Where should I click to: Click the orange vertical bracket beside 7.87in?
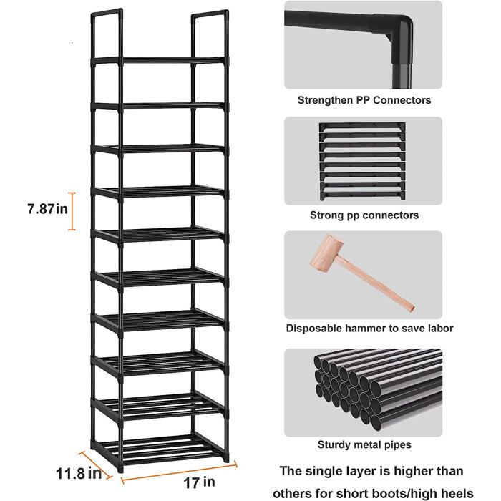point(72,211)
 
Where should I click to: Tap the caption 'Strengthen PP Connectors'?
point(364,100)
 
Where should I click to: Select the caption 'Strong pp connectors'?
point(364,215)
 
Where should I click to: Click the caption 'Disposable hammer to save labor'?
point(369,329)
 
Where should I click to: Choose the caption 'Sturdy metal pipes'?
point(364,444)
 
